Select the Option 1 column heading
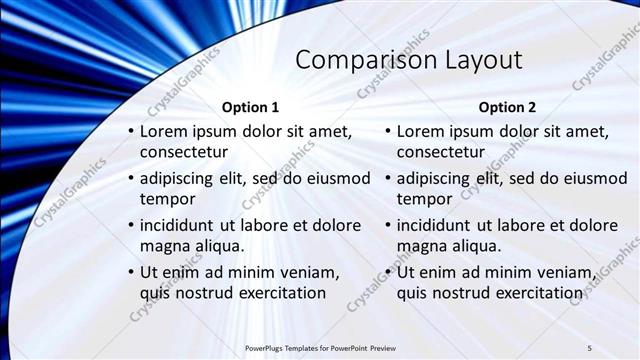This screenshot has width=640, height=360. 249,107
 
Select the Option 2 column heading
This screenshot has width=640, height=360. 507,107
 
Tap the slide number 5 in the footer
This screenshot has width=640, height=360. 589,347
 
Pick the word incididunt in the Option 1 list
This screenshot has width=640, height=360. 181,225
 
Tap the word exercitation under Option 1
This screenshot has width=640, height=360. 275,292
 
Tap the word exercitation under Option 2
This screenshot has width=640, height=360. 532,292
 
